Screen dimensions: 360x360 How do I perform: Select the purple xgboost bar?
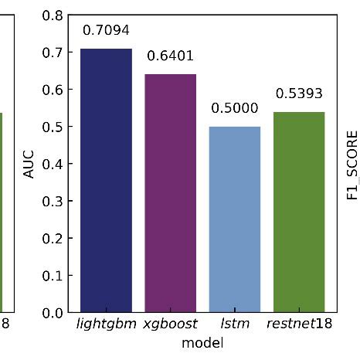(171, 193)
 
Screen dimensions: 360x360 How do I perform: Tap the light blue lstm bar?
(235, 219)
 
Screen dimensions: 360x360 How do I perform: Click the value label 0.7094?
(106, 31)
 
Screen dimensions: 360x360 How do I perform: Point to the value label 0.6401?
(171, 56)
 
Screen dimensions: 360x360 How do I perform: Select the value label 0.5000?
(235, 109)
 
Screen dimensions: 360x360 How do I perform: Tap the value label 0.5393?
(299, 94)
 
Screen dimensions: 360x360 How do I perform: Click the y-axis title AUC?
(29, 164)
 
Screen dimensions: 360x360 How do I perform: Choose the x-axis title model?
(202, 341)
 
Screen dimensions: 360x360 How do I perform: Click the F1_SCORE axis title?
(352, 164)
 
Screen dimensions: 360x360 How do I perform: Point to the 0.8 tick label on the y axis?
(53, 15)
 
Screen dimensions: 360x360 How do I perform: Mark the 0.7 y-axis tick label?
(53, 53)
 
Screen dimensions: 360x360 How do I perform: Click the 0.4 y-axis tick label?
(53, 164)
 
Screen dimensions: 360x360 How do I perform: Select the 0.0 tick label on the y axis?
(53, 313)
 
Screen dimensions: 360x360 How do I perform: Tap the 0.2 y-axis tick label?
(53, 239)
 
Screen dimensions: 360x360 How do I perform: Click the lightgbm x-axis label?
(106, 324)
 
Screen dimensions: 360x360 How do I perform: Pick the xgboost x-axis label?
(171, 324)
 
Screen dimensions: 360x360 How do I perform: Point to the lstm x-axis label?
(235, 324)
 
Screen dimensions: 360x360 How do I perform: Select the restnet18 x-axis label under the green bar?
(299, 324)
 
